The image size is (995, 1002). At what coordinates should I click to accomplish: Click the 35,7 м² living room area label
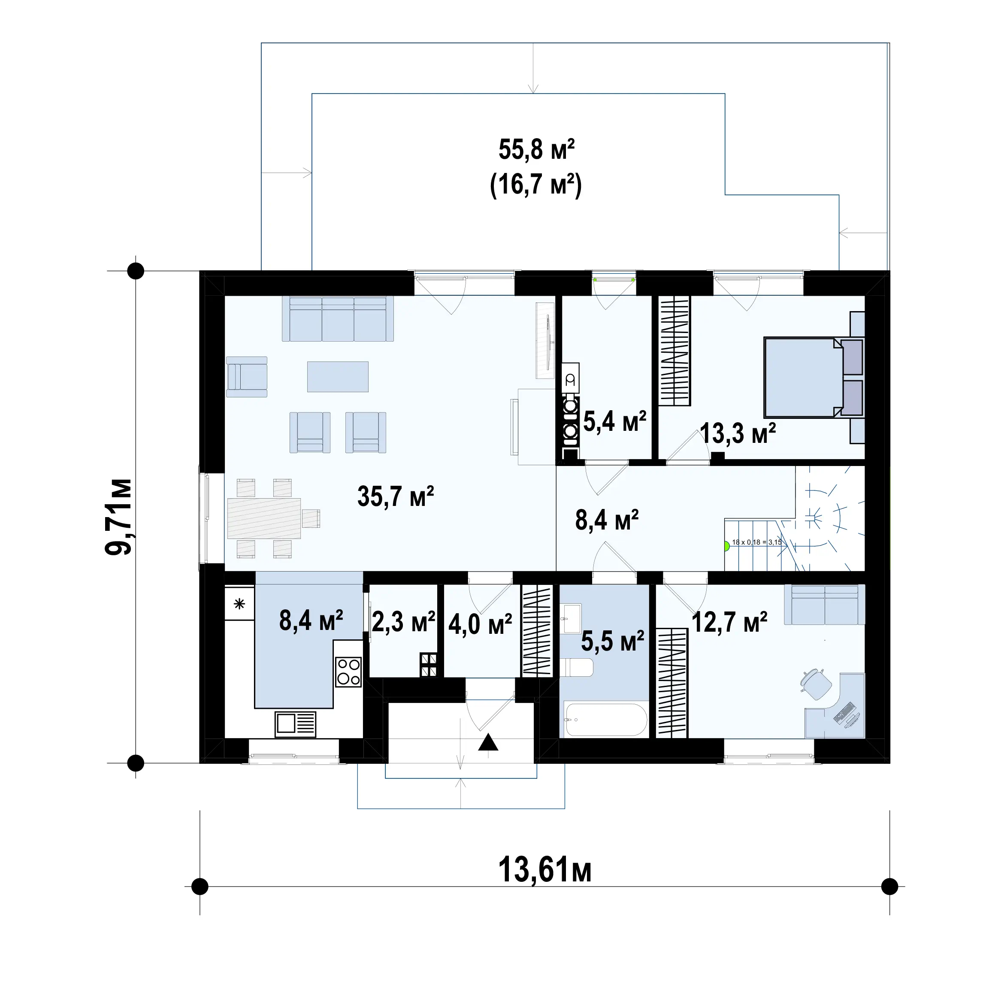click(x=395, y=496)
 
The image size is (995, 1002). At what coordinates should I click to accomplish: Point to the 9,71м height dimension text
click(x=118, y=517)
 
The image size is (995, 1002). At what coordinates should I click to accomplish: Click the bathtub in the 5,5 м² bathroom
click(x=605, y=719)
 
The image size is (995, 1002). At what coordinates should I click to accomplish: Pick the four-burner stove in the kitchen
click(x=348, y=672)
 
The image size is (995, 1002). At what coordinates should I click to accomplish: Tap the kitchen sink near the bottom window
click(x=295, y=723)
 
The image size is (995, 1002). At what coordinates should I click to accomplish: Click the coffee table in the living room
click(x=338, y=376)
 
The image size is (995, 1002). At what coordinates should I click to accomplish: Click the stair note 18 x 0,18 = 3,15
click(x=756, y=542)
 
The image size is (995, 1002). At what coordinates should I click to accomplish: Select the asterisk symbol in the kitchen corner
click(x=239, y=603)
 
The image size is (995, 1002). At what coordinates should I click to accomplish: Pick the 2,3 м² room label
click(x=403, y=622)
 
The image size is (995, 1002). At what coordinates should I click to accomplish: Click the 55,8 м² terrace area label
click(x=537, y=149)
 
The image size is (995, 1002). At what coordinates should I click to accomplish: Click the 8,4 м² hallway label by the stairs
click(x=607, y=520)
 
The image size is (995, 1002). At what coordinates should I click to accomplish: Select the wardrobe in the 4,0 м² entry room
click(x=537, y=631)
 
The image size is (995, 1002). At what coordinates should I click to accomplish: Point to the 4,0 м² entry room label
click(x=480, y=624)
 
